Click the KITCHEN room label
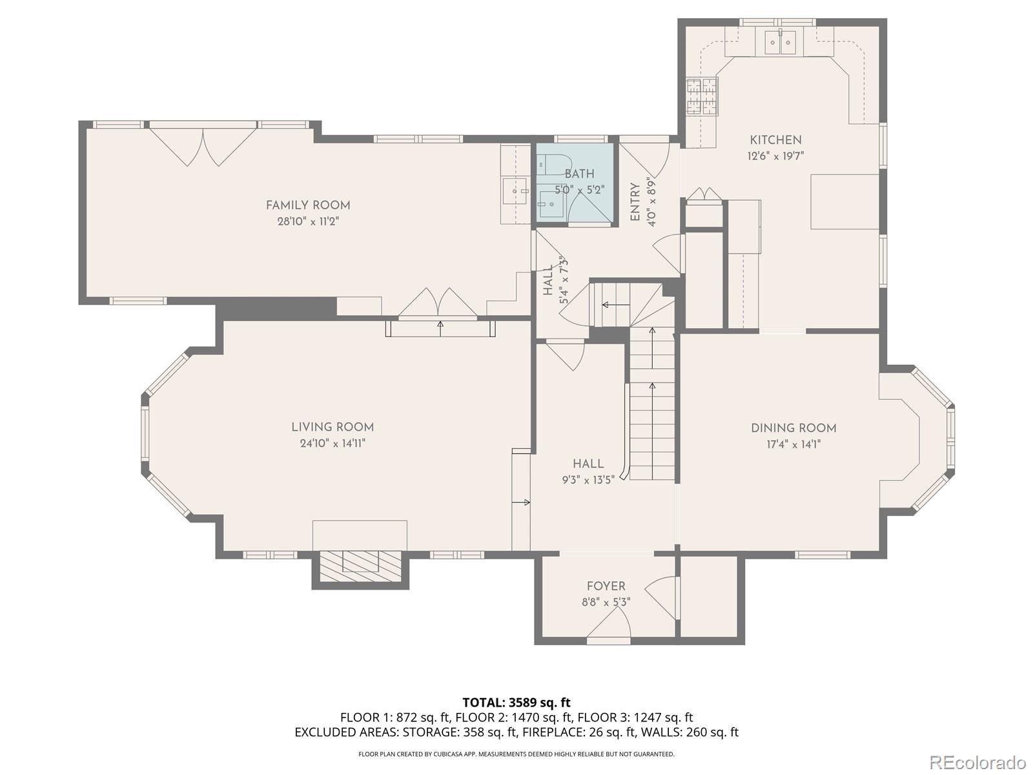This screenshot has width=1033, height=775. click(775, 139)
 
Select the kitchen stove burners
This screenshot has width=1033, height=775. click(702, 96)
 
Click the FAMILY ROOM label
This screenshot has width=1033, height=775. click(308, 205)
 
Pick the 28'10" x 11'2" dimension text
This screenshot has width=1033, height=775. click(308, 221)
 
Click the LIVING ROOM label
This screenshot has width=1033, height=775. click(332, 428)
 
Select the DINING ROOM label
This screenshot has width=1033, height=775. click(793, 428)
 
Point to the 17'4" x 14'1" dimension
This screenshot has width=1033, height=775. click(793, 444)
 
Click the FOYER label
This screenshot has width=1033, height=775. click(606, 586)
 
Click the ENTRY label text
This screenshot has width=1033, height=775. click(635, 202)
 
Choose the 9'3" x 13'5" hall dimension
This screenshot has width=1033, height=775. click(588, 480)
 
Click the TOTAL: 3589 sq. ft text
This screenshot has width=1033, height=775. click(516, 703)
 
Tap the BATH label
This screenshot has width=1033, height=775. click(579, 174)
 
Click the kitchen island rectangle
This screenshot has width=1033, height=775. click(844, 202)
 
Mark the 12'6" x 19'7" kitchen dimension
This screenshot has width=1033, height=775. click(775, 156)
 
